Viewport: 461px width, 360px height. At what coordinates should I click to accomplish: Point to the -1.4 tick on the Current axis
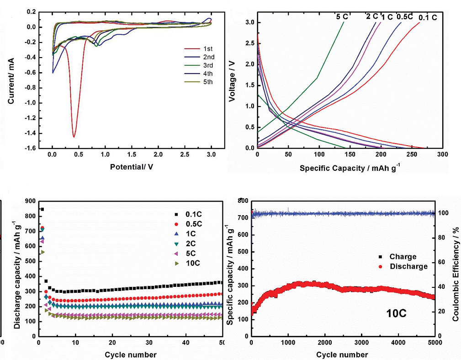(43, 133)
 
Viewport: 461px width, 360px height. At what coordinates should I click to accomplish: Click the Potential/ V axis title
(131, 167)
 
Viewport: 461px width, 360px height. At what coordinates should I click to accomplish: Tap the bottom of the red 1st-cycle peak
(74, 137)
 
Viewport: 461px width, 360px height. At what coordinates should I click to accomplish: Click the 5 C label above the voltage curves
(341, 17)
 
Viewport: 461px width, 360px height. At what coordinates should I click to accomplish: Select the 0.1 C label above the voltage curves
(428, 18)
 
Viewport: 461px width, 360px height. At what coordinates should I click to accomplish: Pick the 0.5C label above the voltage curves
(404, 17)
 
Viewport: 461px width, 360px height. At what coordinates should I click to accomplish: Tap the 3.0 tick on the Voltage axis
(249, 22)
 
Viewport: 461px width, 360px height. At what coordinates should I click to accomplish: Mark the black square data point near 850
(42, 209)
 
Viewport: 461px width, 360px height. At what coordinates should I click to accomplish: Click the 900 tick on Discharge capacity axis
(30, 201)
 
